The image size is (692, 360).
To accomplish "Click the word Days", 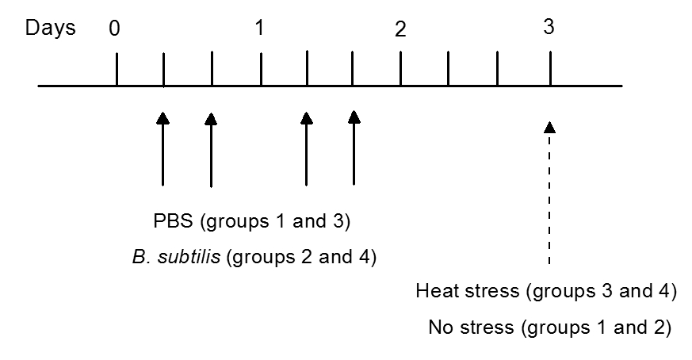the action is (51, 29).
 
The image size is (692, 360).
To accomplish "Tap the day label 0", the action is (116, 29).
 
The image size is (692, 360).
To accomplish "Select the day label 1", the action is (260, 28).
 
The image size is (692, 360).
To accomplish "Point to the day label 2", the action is (400, 31).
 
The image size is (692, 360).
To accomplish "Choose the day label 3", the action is (549, 26).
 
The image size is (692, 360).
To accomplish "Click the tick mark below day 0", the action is (117, 69).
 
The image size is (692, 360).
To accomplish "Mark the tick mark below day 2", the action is (400, 69).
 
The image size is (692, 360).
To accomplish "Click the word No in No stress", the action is (438, 327).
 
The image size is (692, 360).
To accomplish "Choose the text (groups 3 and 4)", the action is (600, 291).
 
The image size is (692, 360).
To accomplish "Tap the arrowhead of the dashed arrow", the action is (549, 127).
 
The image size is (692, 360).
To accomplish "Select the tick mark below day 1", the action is (261, 69).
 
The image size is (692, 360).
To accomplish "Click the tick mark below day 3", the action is (549, 69).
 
